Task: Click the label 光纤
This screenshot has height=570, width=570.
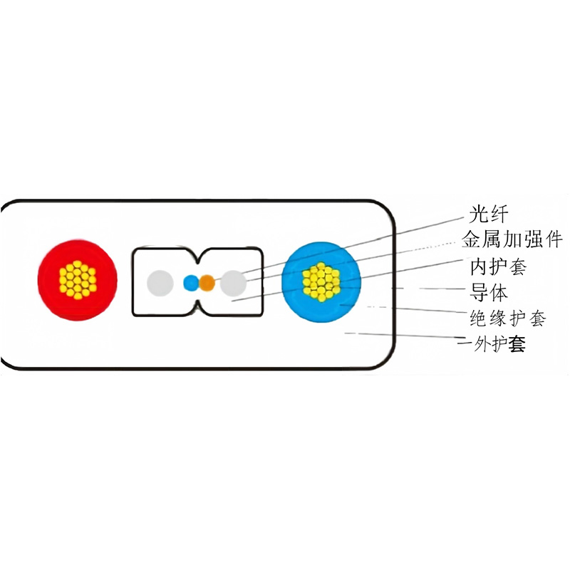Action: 488,214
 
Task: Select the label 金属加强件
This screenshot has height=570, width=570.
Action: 512,239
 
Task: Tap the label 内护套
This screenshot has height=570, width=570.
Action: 498,266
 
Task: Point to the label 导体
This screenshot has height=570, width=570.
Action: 488,292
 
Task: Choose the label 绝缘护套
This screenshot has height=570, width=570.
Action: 508,318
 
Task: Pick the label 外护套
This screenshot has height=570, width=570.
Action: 499,343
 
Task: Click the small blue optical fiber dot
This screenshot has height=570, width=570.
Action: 191,282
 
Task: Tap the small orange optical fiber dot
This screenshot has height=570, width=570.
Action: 207,282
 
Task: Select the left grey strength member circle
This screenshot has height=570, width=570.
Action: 160,283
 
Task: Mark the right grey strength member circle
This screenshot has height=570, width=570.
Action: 234,283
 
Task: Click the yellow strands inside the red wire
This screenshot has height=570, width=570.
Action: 78,280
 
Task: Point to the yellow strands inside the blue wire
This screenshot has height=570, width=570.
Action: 321,281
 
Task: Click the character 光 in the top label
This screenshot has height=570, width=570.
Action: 478,214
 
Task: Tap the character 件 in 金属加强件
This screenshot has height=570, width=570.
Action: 554,239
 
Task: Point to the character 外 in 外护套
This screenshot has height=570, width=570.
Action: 482,343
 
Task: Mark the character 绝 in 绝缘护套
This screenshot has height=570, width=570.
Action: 478,318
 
